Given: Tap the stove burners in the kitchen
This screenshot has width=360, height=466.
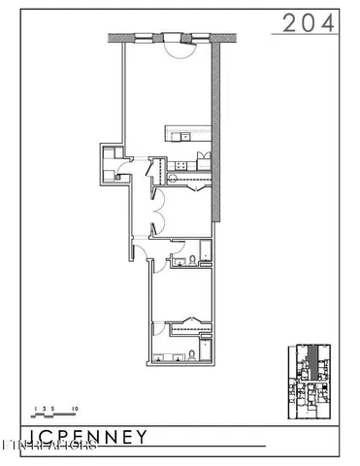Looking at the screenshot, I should tap(180, 167).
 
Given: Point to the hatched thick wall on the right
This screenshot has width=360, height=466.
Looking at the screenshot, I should tap(219, 136).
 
